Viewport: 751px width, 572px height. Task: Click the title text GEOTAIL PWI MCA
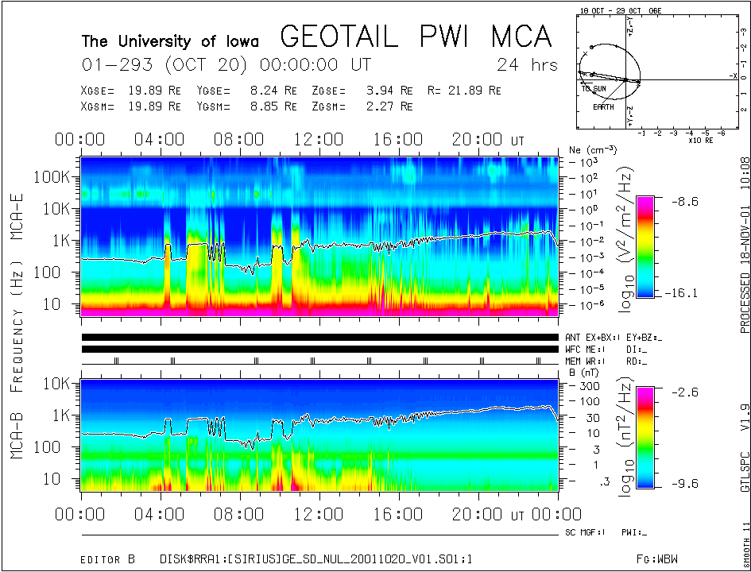[416, 37]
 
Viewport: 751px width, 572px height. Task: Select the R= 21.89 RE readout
[464, 91]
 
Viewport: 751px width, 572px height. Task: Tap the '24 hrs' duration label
[527, 64]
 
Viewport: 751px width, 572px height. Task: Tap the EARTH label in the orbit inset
[603, 106]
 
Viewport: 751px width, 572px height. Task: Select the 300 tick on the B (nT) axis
[589, 385]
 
